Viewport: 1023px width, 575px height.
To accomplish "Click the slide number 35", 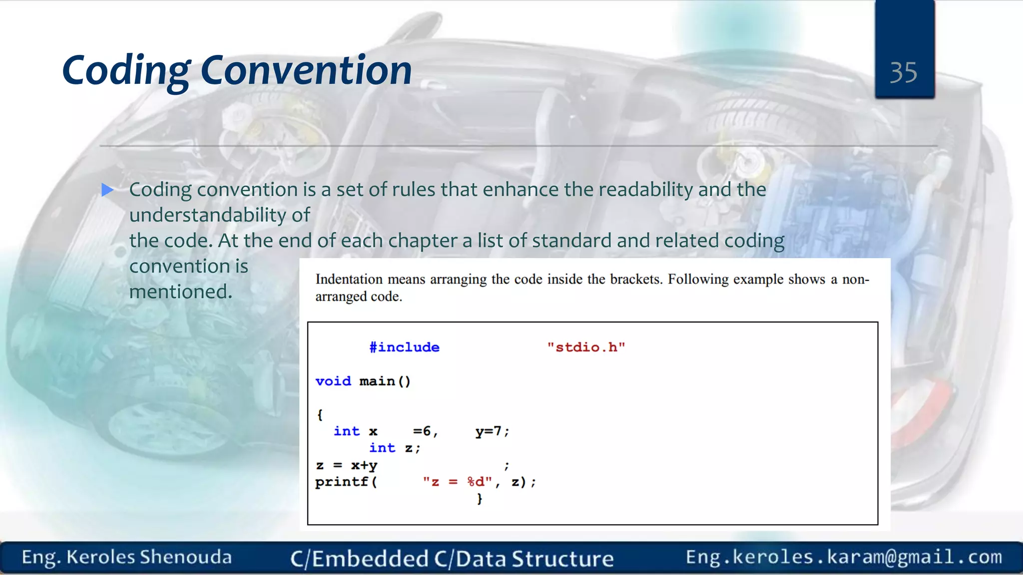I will (x=903, y=73).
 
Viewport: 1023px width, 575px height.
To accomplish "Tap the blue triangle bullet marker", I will (x=107, y=190).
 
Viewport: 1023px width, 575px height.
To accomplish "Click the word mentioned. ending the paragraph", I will (x=181, y=291).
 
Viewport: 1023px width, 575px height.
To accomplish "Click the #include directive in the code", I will (x=404, y=347).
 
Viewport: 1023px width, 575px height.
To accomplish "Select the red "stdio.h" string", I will (x=585, y=347).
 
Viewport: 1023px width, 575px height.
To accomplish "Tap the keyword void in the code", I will (x=333, y=381).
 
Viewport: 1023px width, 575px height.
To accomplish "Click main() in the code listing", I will (x=385, y=381).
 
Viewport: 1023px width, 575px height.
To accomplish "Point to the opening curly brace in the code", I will (x=320, y=415).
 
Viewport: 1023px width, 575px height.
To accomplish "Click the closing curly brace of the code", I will (x=480, y=499).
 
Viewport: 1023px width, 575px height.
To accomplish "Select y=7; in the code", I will (x=492, y=431).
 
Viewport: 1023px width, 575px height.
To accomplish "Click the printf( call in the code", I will (x=346, y=482).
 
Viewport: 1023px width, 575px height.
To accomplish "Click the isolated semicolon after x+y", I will (x=507, y=466).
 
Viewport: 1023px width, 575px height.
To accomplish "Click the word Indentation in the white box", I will (x=349, y=279).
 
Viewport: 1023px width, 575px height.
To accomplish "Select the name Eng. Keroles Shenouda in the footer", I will (x=126, y=557).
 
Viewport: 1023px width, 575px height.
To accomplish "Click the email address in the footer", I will (x=843, y=557).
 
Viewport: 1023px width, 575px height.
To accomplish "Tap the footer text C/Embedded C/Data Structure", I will (x=452, y=559).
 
